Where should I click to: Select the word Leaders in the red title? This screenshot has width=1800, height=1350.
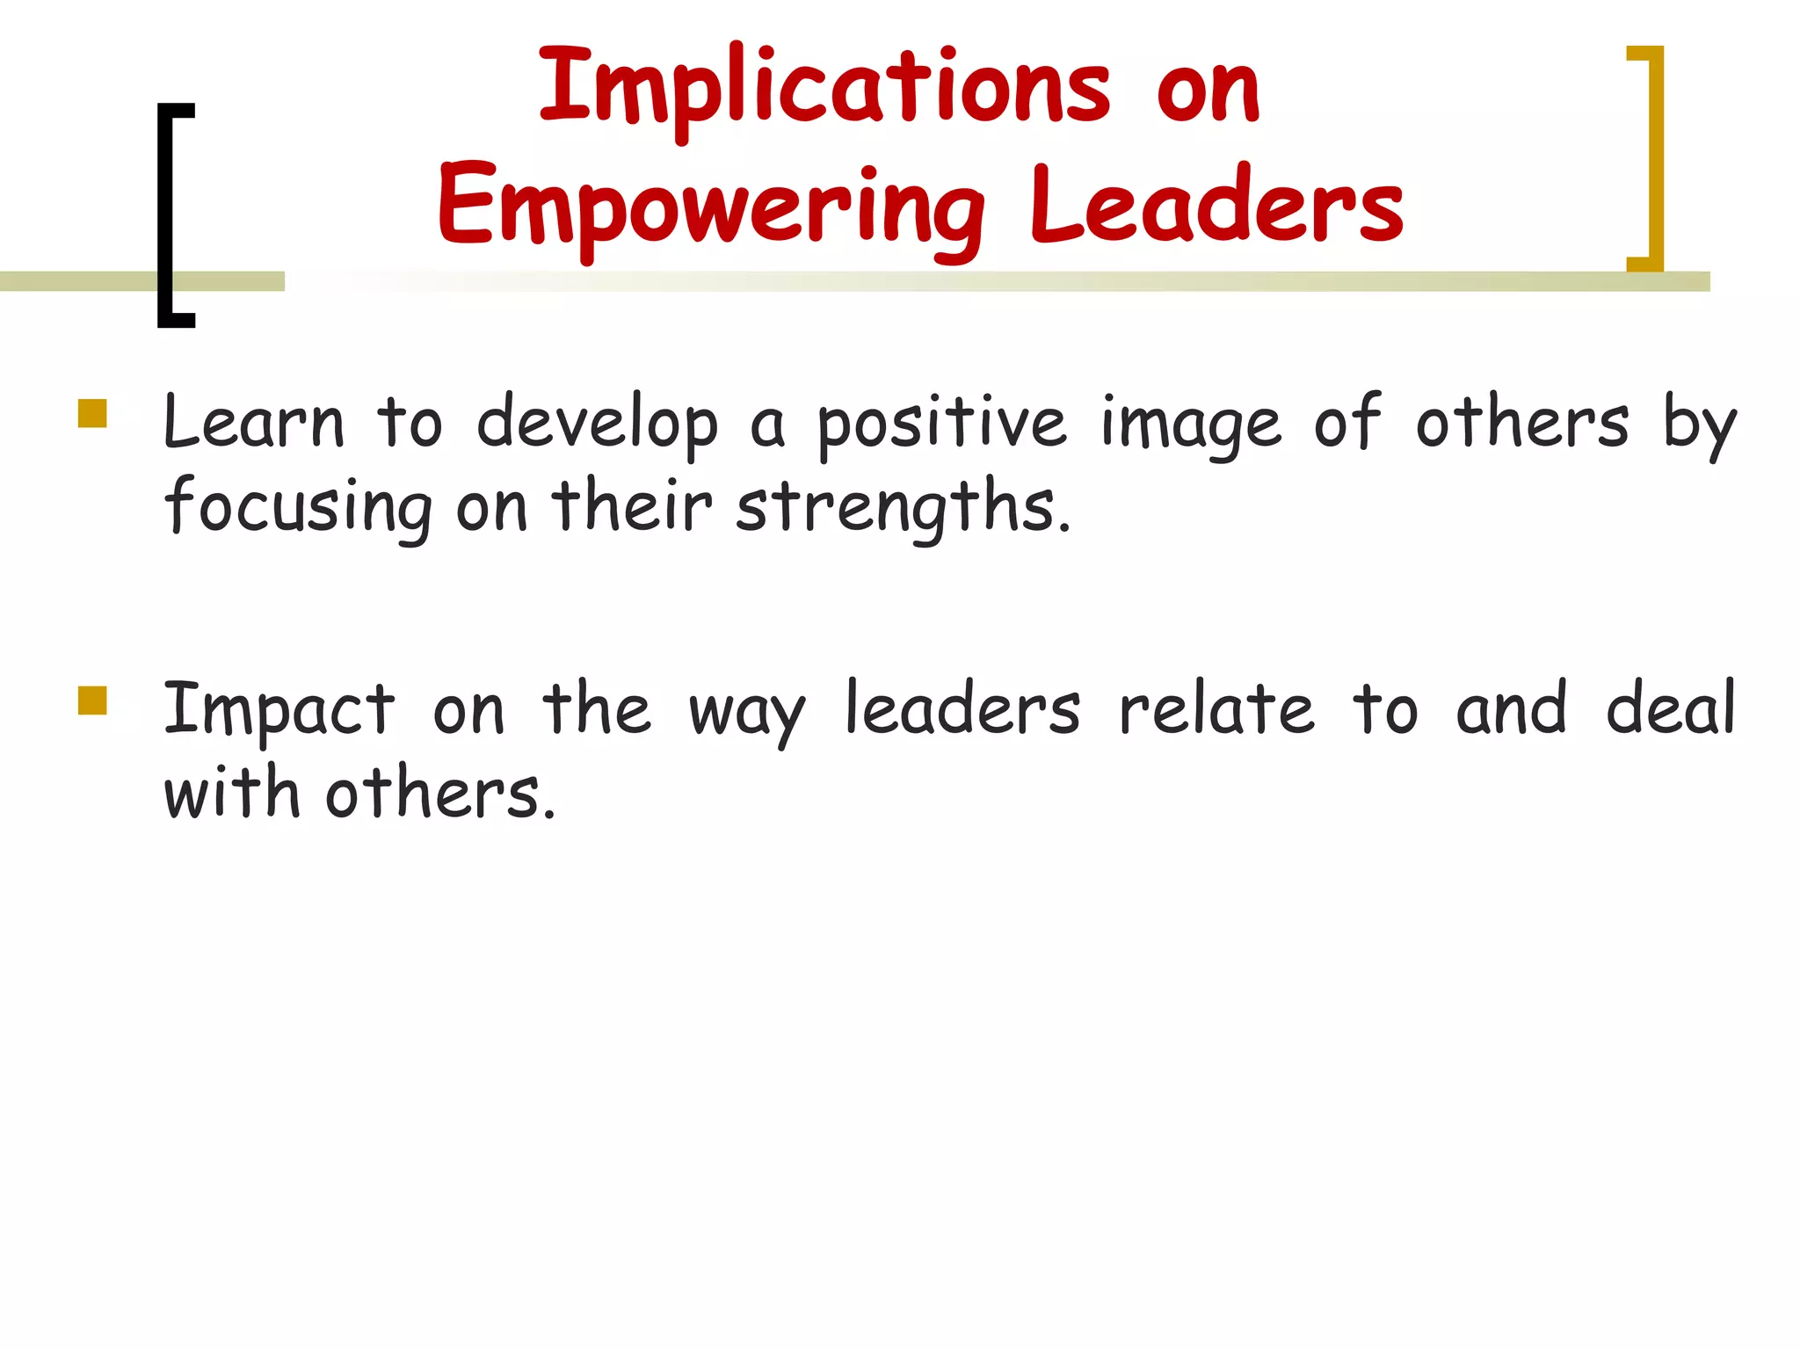click(1216, 207)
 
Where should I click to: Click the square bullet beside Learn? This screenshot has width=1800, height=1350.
click(92, 413)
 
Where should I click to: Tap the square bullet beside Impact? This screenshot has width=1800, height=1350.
click(92, 700)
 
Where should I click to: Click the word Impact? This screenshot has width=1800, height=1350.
click(279, 710)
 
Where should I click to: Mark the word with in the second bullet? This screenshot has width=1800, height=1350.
click(232, 793)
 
